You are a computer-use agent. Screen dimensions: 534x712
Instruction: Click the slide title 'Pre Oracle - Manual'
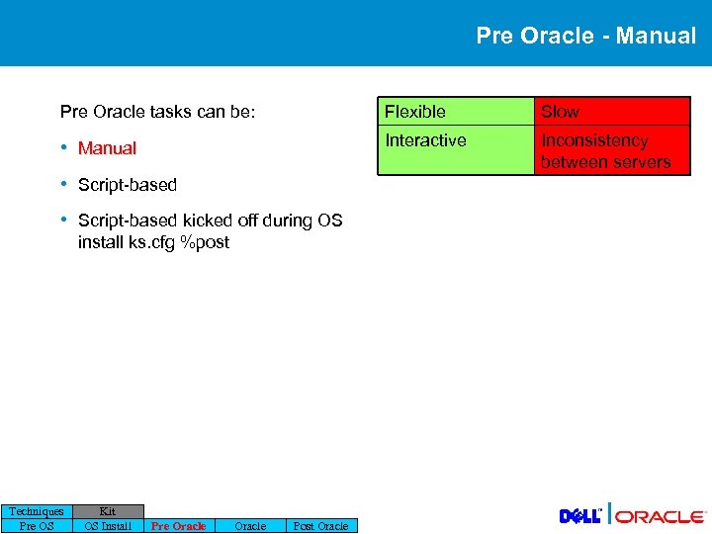[585, 36]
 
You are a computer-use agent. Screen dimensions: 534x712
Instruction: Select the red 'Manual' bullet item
[107, 148]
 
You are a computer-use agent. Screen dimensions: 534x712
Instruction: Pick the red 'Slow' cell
[611, 112]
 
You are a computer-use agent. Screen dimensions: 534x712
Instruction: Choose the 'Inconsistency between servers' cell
[611, 151]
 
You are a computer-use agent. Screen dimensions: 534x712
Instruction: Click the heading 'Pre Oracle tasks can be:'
[157, 112]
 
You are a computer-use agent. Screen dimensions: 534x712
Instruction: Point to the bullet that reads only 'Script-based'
[127, 185]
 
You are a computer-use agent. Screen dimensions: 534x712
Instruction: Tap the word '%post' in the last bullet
[205, 241]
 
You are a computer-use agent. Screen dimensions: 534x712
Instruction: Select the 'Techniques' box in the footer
[37, 511]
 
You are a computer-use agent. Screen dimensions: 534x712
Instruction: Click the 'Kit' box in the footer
[108, 511]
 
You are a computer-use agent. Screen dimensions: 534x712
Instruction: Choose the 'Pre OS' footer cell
[37, 526]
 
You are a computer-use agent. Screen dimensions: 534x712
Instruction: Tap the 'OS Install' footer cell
[108, 526]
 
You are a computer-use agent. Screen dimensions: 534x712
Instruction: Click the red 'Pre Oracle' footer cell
[178, 526]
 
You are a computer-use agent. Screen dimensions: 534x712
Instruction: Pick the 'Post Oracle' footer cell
[320, 526]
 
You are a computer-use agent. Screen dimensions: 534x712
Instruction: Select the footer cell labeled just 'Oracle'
[249, 526]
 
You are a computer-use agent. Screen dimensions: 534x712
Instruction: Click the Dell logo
[580, 515]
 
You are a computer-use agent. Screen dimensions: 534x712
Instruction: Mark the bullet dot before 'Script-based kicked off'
[63, 220]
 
